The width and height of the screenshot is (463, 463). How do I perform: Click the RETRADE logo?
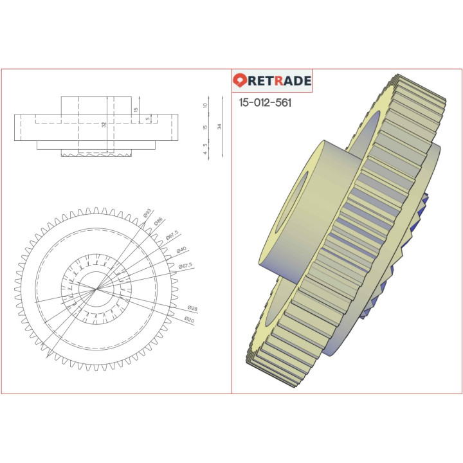(272, 81)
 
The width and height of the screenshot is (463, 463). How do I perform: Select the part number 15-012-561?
(265, 103)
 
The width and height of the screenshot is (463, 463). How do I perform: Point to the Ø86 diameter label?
(158, 221)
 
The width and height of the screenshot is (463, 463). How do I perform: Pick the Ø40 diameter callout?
(181, 250)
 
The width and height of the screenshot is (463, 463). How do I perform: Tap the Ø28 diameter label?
(192, 309)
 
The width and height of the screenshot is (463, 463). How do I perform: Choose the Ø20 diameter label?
(189, 319)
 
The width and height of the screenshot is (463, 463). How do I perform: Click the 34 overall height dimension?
(220, 127)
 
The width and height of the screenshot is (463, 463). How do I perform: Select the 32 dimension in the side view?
(104, 125)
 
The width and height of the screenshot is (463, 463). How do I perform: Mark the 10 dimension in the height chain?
(205, 105)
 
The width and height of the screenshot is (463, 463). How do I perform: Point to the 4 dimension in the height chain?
(205, 153)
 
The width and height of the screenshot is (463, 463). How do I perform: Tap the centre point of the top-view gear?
(95, 289)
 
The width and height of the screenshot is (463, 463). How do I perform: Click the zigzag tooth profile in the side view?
(96, 154)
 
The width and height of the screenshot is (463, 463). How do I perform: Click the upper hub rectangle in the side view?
(96, 105)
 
